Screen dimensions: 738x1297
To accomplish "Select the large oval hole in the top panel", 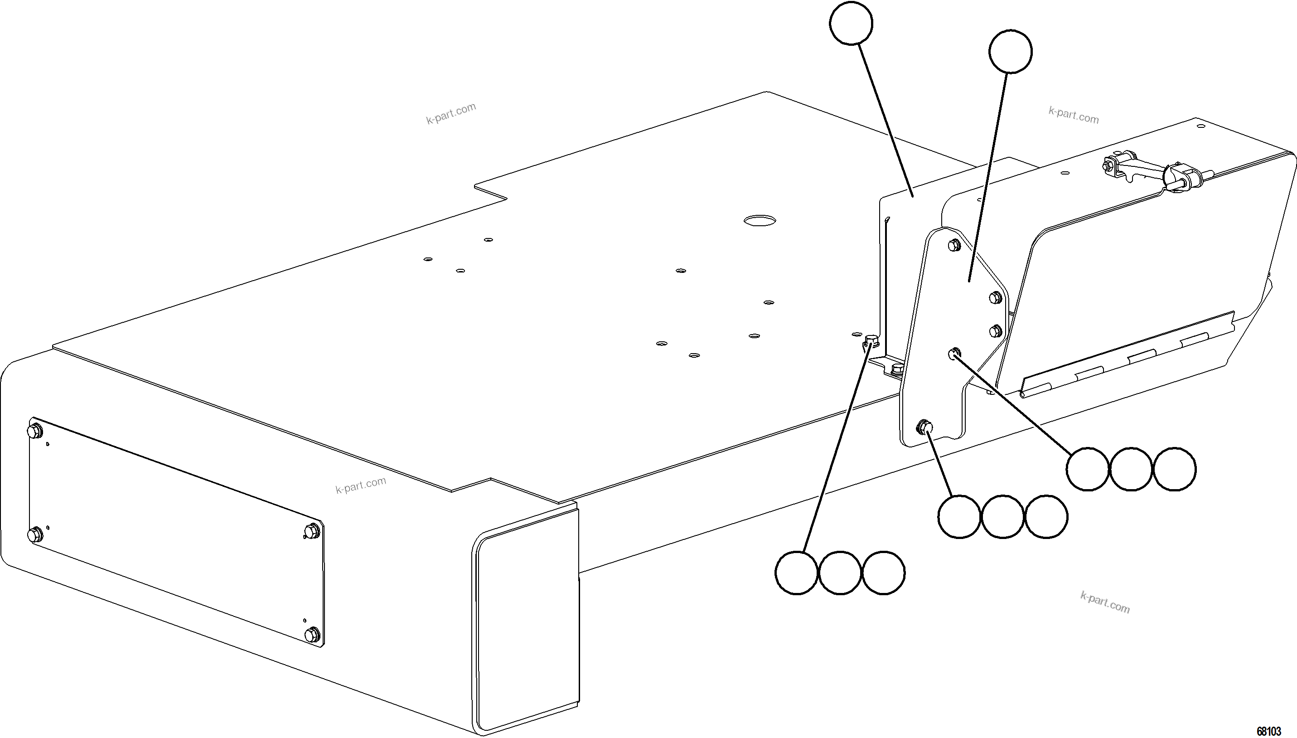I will pos(760,220).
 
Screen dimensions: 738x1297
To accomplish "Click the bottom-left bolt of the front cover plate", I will pos(35,534).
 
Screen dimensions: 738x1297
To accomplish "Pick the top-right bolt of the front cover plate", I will pos(310,531).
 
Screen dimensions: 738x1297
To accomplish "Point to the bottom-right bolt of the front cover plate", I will pos(313,634).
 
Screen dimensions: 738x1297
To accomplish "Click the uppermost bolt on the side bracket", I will pos(953,245).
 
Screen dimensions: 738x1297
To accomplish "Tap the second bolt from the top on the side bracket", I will pos(995,297).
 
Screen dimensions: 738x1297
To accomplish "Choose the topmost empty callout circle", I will pos(851,23).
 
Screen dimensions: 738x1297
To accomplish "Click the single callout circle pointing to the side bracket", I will pos(1010,52).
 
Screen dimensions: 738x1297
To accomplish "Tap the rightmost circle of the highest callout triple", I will pos(1174,469).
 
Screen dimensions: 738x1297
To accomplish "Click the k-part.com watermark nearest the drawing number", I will pos(1105,602).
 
